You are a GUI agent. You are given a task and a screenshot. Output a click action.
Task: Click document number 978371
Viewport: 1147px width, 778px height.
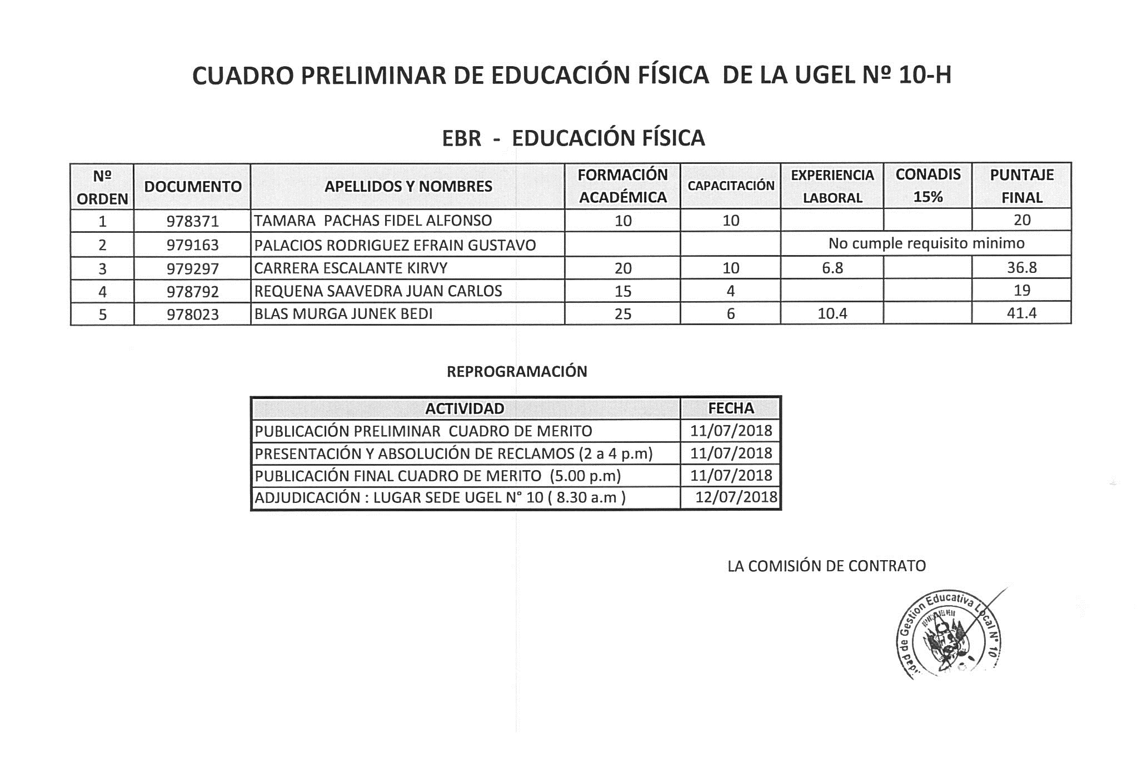[192, 221]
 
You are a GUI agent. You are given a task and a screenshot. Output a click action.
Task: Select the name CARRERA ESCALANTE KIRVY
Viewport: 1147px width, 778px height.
[351, 268]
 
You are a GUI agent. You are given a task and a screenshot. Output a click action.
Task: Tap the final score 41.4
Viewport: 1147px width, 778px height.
[1021, 313]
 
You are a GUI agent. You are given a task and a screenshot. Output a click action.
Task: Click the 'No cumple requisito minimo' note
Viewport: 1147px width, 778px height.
[926, 243]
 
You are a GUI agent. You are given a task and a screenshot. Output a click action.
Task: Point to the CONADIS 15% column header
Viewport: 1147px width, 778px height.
[927, 186]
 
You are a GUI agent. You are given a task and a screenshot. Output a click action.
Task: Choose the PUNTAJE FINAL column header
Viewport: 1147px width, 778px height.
[1021, 186]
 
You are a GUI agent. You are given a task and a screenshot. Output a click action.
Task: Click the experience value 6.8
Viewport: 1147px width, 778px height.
[832, 268]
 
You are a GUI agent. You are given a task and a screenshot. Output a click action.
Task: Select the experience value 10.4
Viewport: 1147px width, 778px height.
[832, 314]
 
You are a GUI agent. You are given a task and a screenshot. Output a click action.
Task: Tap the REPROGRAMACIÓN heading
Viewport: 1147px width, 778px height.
[517, 372]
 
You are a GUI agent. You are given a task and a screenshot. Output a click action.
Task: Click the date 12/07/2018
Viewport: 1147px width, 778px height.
[736, 497]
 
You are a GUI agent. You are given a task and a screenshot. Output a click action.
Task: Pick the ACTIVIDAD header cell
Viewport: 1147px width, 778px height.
[465, 408]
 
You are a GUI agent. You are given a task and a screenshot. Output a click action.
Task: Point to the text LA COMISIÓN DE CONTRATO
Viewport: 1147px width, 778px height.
[826, 566]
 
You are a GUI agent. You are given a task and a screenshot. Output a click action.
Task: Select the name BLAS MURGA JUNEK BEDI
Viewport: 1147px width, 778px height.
[343, 314]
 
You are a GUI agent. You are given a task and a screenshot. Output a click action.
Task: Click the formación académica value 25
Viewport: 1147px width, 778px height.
[622, 314]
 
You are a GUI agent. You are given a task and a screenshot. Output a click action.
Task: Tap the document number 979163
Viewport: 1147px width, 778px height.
[192, 245]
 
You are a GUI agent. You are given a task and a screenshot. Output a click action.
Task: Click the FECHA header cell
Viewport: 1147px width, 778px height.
[731, 408]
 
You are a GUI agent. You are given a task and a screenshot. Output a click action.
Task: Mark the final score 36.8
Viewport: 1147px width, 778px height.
[1021, 268]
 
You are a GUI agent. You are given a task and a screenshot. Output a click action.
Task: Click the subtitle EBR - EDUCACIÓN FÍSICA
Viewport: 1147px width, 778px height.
[573, 138]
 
